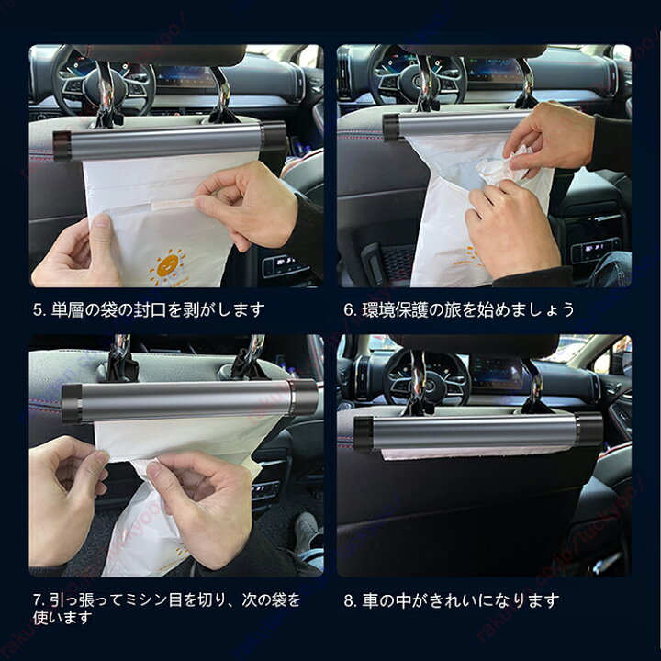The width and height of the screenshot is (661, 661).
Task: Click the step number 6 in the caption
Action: click(349, 310)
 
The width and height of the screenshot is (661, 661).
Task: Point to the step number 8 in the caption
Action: click(349, 600)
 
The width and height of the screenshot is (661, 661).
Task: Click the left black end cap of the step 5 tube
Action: click(62, 145)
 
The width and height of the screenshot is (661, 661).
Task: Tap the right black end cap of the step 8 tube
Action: click(588, 428)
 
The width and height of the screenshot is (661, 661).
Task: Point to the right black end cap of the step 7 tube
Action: click(304, 398)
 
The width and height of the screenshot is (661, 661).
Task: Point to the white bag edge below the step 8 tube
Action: click(477, 453)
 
